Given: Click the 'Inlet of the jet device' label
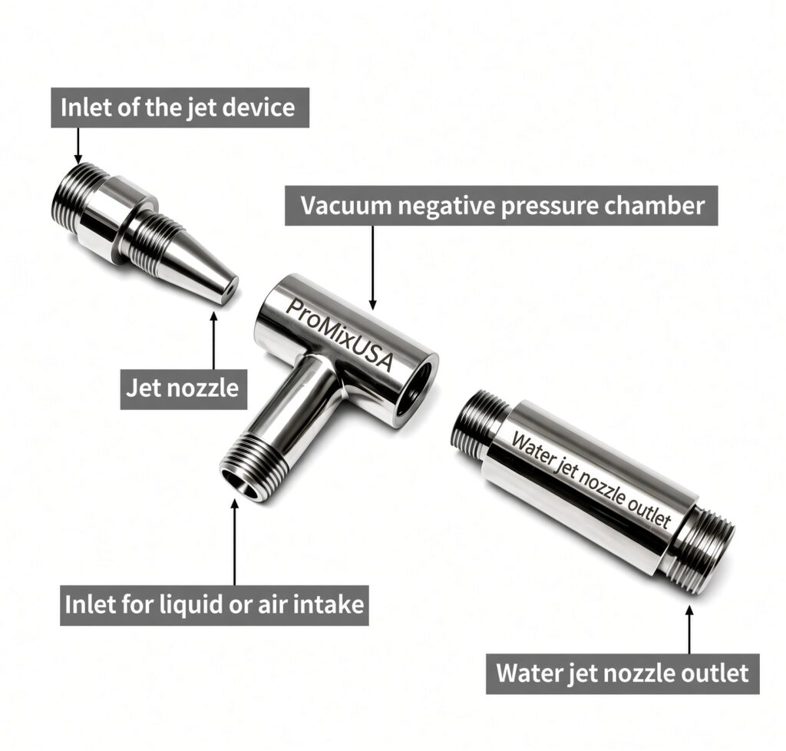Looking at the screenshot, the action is click(x=180, y=108).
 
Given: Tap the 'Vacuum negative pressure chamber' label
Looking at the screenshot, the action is click(x=501, y=206).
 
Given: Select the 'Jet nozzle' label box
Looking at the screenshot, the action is click(x=183, y=389).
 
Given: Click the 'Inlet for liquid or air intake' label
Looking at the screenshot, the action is click(x=214, y=605).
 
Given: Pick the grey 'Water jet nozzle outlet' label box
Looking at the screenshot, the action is click(x=623, y=673).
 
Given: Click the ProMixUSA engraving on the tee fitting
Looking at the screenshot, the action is click(x=339, y=334).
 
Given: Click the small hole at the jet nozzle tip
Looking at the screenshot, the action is click(x=228, y=291).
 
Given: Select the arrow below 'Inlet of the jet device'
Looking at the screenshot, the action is click(x=78, y=145).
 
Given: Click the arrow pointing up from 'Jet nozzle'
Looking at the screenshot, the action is click(x=214, y=340).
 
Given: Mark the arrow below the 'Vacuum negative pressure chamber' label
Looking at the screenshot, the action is click(x=372, y=267).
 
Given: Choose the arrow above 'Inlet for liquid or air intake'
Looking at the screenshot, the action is click(x=235, y=542).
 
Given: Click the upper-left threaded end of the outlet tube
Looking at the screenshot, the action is click(x=479, y=421).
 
